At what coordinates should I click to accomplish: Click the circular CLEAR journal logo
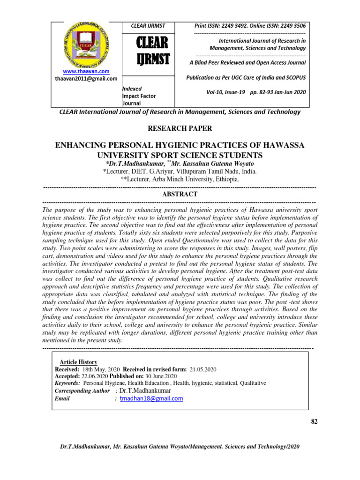(86, 45)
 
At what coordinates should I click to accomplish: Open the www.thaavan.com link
(86, 71)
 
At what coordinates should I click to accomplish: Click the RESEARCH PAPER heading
(180, 128)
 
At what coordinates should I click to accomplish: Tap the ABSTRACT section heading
(180, 194)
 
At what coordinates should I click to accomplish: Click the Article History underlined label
(78, 362)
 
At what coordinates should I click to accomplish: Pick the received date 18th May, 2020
(103, 369)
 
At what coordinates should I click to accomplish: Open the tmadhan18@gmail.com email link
(151, 398)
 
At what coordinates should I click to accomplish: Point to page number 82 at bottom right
(315, 422)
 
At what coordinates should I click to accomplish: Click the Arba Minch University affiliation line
(180, 180)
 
